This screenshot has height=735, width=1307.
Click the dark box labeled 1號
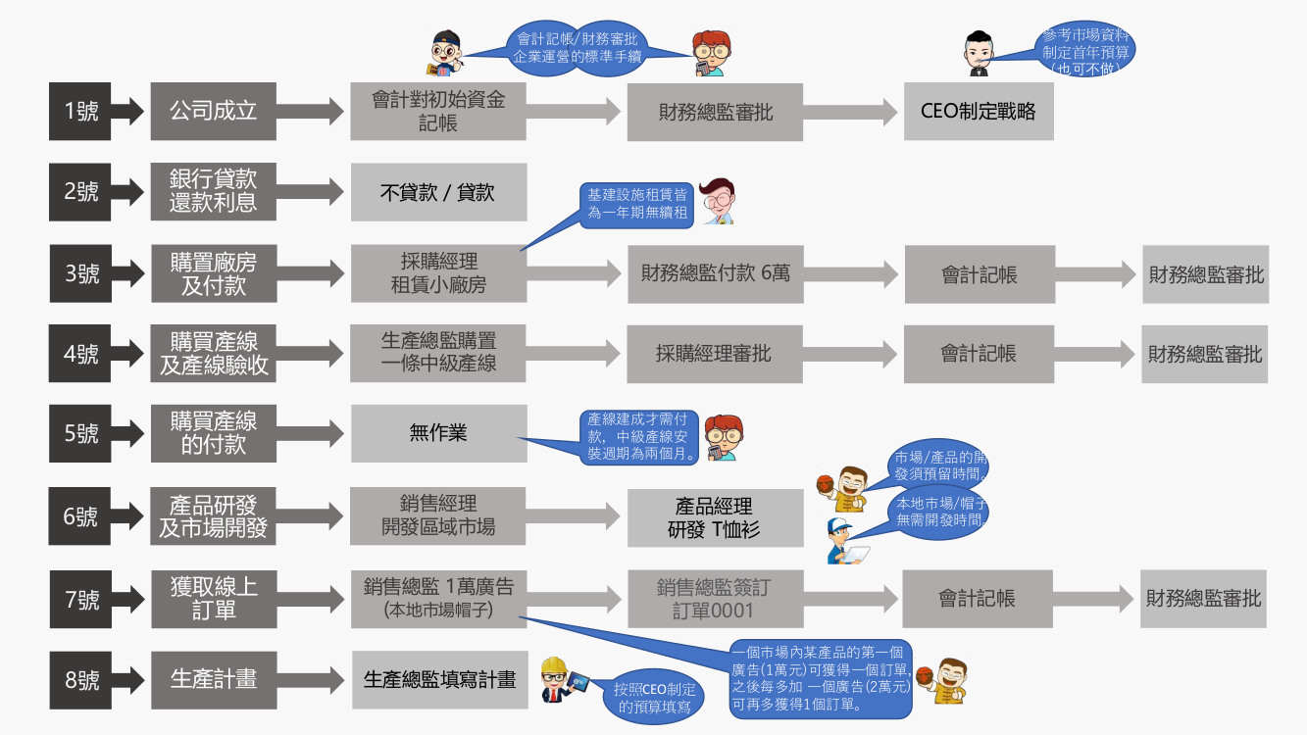pos(80,111)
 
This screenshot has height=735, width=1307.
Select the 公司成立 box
pos(213,111)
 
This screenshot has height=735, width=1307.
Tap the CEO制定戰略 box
pos(978,111)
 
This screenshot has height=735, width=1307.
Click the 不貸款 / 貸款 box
pos(438,192)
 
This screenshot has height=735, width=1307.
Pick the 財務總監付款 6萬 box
pos(715,274)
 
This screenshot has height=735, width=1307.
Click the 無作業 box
pos(438,433)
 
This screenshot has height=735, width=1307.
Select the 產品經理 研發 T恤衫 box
pos(714,517)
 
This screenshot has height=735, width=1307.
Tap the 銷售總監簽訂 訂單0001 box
pos(714,599)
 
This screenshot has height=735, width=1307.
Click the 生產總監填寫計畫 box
pos(439,679)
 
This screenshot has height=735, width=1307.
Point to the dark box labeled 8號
pos(80,679)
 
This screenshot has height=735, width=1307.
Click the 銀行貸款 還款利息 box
pos(213,192)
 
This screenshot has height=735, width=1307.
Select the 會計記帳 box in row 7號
pos(977,599)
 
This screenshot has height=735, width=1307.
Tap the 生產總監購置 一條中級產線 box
pos(438,353)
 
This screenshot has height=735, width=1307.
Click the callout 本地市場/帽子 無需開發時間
pos(939,513)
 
